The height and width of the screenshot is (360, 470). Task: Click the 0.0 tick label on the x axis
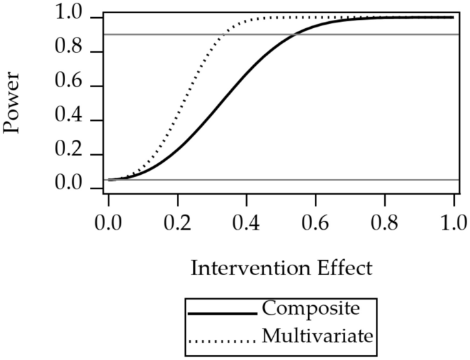click(x=108, y=224)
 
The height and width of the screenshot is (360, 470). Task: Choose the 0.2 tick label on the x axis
click(x=178, y=224)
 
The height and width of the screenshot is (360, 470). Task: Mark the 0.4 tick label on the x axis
click(x=246, y=224)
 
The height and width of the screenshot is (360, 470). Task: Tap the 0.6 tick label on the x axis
click(x=316, y=224)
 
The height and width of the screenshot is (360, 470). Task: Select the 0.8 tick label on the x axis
click(x=384, y=224)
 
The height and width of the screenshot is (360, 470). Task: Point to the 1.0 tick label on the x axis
click(x=454, y=224)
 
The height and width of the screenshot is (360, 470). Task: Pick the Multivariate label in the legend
click(x=317, y=337)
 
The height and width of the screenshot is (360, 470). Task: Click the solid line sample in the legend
click(x=223, y=313)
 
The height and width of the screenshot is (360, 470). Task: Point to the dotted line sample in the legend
click(x=223, y=339)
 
